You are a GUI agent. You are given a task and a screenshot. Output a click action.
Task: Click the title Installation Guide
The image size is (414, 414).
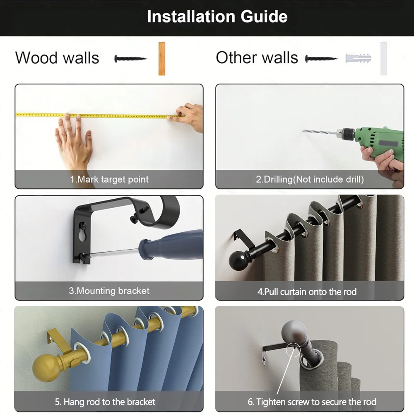217,17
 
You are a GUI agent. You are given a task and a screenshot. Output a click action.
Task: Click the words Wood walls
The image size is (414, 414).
57,58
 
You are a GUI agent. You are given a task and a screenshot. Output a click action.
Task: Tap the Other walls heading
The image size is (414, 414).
257,58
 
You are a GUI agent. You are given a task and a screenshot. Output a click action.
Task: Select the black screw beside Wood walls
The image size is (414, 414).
130,59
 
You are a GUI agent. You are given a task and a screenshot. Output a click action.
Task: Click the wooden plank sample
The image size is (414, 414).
161,58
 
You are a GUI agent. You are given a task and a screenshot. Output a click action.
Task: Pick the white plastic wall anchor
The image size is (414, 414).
358,58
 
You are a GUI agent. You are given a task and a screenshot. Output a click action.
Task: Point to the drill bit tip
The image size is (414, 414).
305,131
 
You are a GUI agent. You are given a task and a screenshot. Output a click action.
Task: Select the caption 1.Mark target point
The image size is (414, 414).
109,180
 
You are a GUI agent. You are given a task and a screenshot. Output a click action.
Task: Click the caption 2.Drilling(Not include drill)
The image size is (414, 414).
309,180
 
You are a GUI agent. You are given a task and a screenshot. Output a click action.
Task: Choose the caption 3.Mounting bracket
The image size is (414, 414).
109,291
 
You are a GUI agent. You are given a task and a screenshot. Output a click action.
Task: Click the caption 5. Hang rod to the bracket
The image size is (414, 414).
105,402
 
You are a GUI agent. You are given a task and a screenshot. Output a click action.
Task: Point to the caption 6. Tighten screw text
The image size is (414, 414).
312,402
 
